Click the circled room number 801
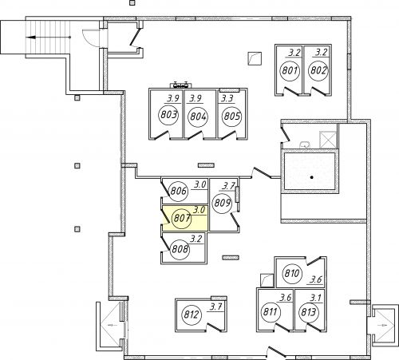[x=290, y=71]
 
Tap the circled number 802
[x=318, y=70]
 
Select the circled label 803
[x=168, y=115]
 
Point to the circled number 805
[x=232, y=117]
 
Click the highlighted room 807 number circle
[x=182, y=219]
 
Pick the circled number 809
[x=222, y=204]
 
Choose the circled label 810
[x=292, y=273]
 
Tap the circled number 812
[x=191, y=315]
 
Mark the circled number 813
[x=308, y=312]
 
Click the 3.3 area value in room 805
[x=227, y=99]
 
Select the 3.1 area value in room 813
[x=315, y=298]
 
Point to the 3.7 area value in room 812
[x=215, y=307]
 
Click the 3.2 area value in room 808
[x=196, y=239]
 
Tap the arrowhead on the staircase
[x=31, y=38]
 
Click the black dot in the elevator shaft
[x=312, y=177]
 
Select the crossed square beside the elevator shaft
[x=328, y=139]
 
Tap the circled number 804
[x=198, y=117]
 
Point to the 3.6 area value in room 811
[x=285, y=298]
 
